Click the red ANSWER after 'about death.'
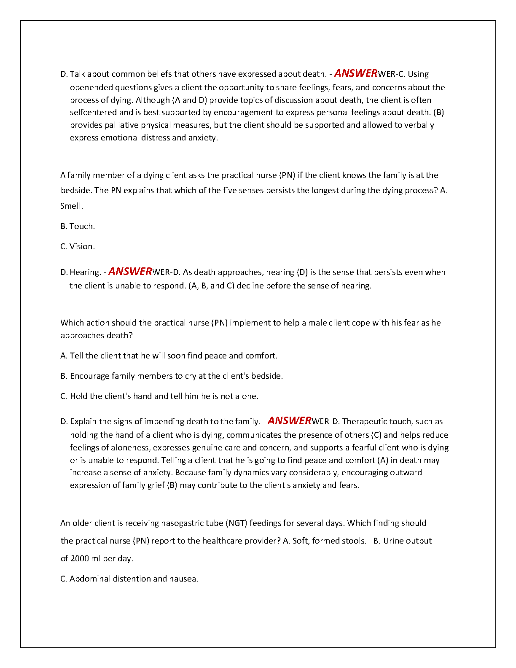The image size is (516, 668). click(355, 73)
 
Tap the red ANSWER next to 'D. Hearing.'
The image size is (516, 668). click(130, 272)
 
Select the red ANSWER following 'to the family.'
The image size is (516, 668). click(289, 421)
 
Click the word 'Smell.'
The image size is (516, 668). click(72, 206)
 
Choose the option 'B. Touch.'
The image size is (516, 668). click(78, 226)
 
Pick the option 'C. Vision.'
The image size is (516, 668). click(78, 247)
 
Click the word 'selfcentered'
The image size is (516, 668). click(93, 113)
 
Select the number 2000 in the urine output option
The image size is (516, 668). click(80, 559)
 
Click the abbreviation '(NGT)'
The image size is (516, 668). click(237, 523)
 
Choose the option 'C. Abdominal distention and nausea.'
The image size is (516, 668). click(129, 579)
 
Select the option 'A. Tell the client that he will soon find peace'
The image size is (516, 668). click(169, 356)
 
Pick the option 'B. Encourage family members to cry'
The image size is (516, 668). click(172, 376)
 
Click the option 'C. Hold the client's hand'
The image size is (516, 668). click(159, 396)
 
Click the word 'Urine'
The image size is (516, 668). click(393, 541)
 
